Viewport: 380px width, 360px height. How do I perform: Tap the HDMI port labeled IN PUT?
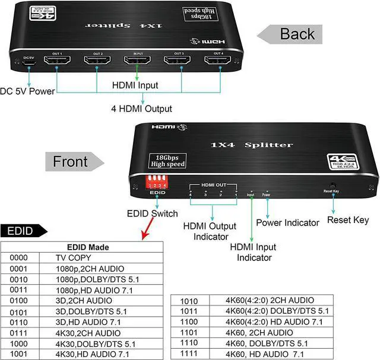pos(138,61)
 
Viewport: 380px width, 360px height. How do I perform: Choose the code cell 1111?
pos(189,354)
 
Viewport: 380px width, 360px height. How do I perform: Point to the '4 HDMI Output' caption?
pos(142,109)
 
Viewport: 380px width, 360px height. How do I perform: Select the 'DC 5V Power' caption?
pos(28,91)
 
